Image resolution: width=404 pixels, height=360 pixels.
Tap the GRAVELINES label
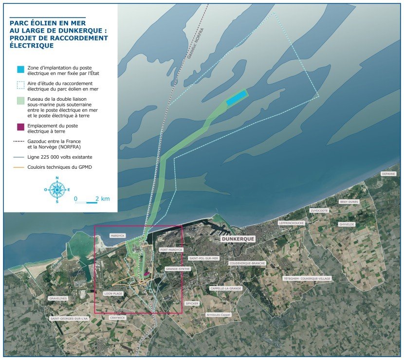click(58, 298)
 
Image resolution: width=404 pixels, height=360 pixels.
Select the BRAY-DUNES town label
click(349, 201)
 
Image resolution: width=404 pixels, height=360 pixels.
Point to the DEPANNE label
click(388, 174)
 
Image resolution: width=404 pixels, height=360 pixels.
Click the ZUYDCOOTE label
click(319, 210)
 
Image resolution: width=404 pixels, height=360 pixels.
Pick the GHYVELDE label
click(347, 224)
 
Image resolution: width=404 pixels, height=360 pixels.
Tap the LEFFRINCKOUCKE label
click(292, 223)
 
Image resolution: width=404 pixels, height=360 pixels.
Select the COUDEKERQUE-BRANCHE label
click(247, 263)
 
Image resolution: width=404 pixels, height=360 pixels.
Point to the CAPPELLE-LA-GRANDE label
click(225, 288)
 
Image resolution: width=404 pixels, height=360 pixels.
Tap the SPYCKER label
click(192, 303)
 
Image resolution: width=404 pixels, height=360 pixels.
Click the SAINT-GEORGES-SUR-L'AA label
click(69, 319)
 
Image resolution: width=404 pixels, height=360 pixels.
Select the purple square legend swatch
click(20, 127)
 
